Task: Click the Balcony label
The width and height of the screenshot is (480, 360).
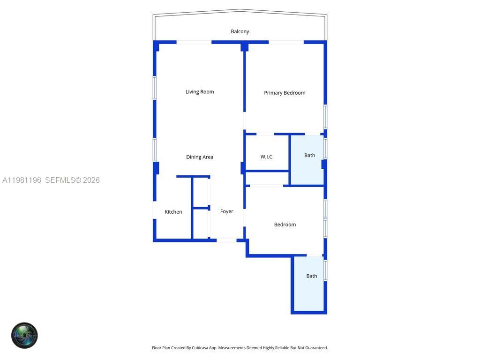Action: pos(240,31)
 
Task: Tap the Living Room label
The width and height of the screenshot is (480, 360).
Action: pos(200,92)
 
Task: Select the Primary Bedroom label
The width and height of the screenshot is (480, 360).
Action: pos(285,93)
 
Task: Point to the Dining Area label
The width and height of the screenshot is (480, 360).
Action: pos(200,157)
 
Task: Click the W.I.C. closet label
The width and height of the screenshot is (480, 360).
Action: pos(267,157)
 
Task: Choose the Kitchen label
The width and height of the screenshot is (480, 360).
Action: pos(173,212)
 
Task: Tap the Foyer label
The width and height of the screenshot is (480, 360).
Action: pos(227,211)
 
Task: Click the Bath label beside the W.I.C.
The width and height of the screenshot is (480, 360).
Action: pos(309,155)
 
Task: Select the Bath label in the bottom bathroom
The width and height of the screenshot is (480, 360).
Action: pos(312,276)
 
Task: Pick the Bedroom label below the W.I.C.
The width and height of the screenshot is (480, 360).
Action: pos(285,225)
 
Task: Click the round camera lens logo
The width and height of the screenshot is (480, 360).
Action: pos(24,335)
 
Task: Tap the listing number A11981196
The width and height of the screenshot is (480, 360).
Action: pos(22,180)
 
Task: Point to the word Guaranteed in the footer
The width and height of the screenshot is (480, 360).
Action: pos(316,348)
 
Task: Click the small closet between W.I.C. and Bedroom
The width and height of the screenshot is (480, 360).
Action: pos(266,178)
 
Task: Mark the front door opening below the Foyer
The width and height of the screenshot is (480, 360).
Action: pos(226,240)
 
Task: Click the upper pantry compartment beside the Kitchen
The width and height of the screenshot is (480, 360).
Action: pos(201,192)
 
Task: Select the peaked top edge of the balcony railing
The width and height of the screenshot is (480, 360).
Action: pos(240,10)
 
